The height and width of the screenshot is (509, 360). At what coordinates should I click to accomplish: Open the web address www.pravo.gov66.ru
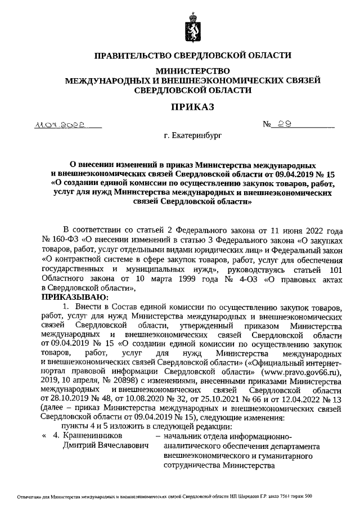[300, 373]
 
